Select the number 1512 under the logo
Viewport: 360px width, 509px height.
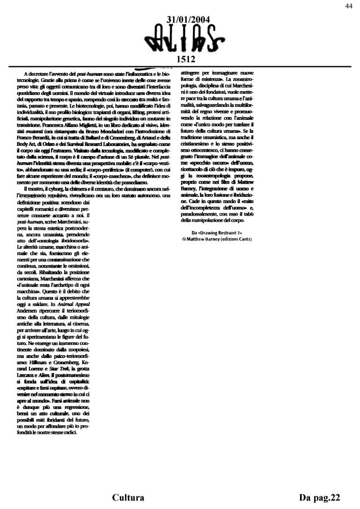(x=186, y=58)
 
